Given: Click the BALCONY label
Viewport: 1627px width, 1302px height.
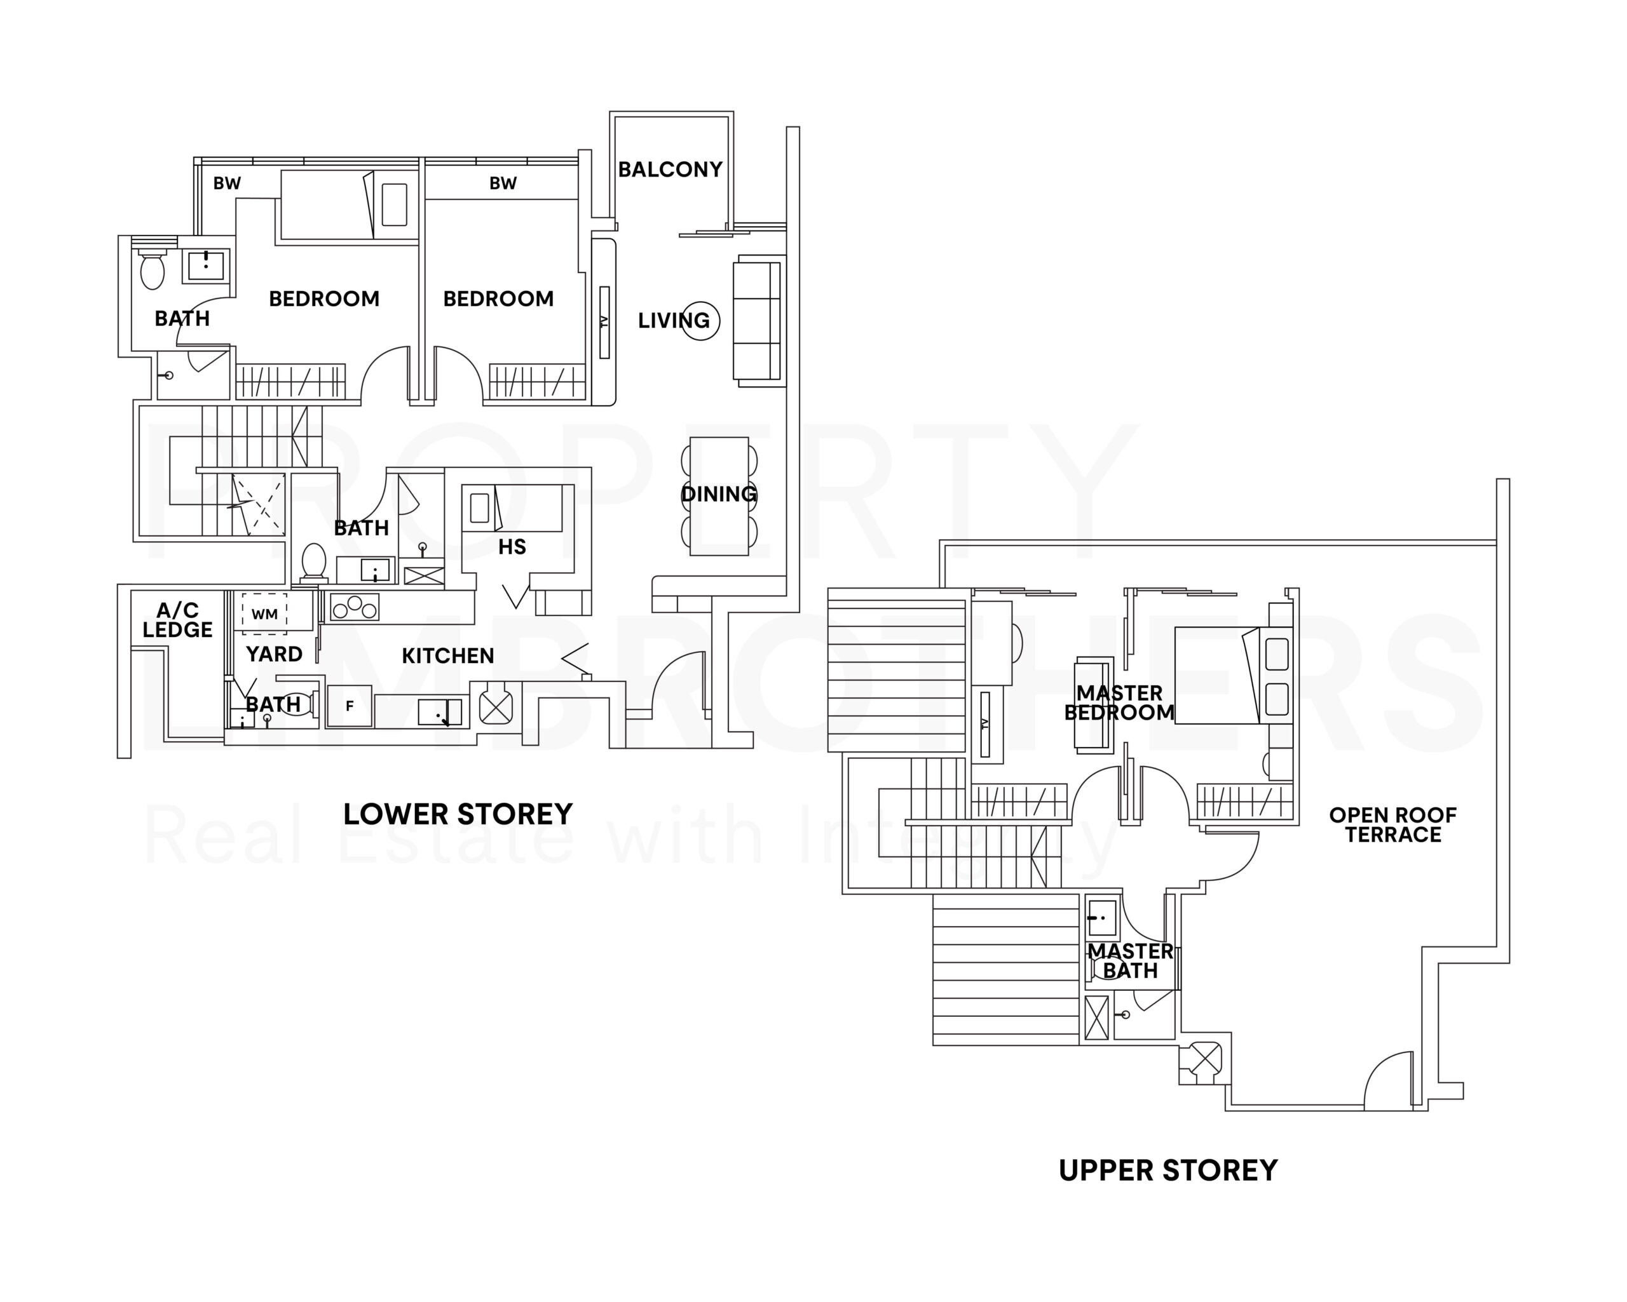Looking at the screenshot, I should tap(669, 170).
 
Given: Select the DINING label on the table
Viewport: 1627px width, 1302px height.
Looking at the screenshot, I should tap(718, 494).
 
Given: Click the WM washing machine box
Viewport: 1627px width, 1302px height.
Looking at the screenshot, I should tap(264, 614).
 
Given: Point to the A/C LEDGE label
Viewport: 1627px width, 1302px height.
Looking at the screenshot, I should tap(177, 620).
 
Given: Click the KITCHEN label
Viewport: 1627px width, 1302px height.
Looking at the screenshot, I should tap(447, 656).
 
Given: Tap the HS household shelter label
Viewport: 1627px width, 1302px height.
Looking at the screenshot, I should tap(512, 547).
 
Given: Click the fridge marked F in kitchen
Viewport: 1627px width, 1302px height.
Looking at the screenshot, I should tap(350, 706).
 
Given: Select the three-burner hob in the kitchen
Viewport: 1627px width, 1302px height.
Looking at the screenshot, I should tap(354, 608).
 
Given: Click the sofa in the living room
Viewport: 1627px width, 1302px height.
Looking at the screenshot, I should tap(757, 321).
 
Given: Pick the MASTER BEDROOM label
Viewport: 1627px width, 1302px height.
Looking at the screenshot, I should tap(1119, 703).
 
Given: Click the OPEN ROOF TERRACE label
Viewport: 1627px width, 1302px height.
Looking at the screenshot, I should tap(1392, 825).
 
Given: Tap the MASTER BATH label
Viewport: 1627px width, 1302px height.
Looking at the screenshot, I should tap(1130, 961).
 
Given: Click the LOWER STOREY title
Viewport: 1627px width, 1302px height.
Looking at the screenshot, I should tap(458, 815).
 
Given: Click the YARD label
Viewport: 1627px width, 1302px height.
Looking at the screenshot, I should tap(274, 654).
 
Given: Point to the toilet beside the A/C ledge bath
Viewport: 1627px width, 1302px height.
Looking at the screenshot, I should tap(297, 704).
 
